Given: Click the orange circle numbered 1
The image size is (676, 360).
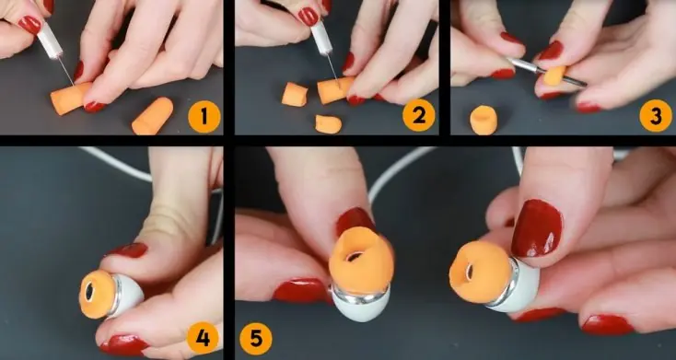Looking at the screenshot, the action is [x=204, y=117].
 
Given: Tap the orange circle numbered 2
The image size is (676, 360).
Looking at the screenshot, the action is [x=419, y=115].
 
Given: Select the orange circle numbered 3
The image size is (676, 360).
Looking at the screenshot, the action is [x=656, y=115].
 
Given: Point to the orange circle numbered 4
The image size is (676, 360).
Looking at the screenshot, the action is [x=203, y=338].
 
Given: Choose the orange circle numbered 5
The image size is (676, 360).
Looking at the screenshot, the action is [x=256, y=340].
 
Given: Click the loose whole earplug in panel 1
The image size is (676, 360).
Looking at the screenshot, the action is [x=153, y=116].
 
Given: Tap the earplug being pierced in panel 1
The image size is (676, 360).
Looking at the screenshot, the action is [x=69, y=99].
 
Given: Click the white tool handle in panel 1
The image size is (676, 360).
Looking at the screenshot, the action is [x=49, y=40].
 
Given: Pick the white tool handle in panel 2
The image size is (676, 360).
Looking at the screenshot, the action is [x=321, y=38].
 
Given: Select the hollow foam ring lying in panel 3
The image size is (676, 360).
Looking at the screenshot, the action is [x=483, y=120].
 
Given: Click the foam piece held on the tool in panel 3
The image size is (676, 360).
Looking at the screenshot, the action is [x=554, y=75].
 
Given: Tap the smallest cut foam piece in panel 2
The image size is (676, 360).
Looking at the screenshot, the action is [x=328, y=124].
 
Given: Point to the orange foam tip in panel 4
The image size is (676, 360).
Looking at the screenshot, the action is [x=97, y=295].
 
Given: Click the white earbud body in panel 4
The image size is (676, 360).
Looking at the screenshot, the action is [x=128, y=295].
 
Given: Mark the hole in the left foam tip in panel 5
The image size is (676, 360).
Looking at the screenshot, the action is [x=355, y=257].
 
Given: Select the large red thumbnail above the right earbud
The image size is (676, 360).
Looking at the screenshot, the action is [x=537, y=228].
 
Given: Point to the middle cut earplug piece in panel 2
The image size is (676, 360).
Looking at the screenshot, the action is [x=295, y=95].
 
